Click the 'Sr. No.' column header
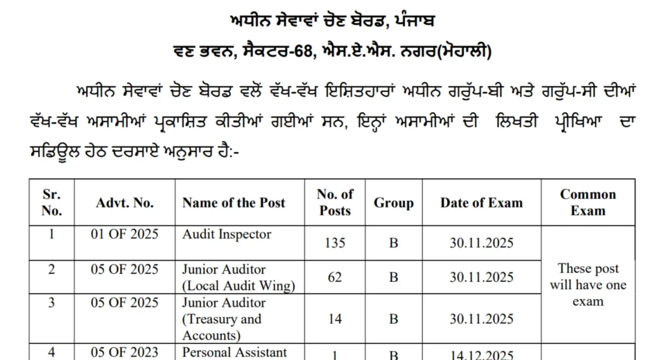(x=51, y=202)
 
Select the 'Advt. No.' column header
(x=125, y=203)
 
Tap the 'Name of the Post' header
(x=233, y=203)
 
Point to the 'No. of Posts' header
(x=335, y=202)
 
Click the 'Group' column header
(x=394, y=203)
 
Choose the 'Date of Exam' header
(x=481, y=203)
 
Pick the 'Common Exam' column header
(x=588, y=202)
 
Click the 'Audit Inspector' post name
(x=226, y=235)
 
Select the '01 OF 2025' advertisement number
(x=125, y=235)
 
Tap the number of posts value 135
(x=335, y=243)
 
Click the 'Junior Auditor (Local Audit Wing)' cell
(x=238, y=277)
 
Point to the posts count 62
(x=335, y=277)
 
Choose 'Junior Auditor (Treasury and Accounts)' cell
(x=222, y=319)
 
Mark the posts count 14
(x=335, y=319)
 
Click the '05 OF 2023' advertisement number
(x=125, y=352)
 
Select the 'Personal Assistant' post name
(x=235, y=352)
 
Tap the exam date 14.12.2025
(x=481, y=355)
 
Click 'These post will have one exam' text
(x=588, y=285)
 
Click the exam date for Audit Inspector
(x=481, y=243)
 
